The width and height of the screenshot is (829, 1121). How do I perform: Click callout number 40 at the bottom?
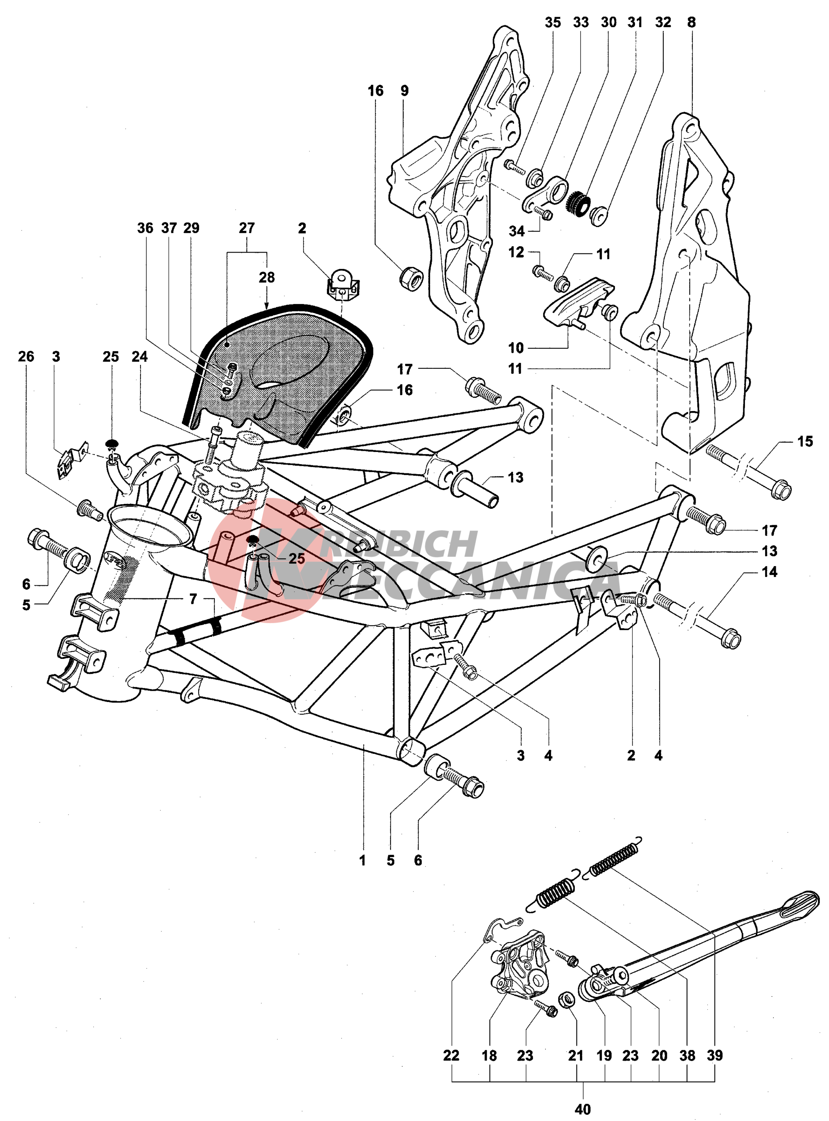pyautogui.click(x=583, y=1108)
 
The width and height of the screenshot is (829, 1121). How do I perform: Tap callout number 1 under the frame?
pyautogui.click(x=362, y=860)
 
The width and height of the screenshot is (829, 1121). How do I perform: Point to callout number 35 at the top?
pyautogui.click(x=553, y=23)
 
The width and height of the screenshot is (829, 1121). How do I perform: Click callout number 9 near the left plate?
pyautogui.click(x=404, y=91)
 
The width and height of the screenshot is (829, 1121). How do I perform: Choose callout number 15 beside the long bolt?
pyautogui.click(x=805, y=441)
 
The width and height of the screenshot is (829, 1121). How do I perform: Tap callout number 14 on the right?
pyautogui.click(x=769, y=572)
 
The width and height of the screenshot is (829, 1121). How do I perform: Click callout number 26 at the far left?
pyautogui.click(x=26, y=357)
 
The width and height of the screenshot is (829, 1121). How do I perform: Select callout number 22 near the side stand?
pyautogui.click(x=451, y=1055)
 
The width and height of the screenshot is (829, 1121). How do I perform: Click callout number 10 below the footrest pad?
pyautogui.click(x=515, y=348)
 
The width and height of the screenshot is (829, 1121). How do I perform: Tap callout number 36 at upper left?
pyautogui.click(x=145, y=228)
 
